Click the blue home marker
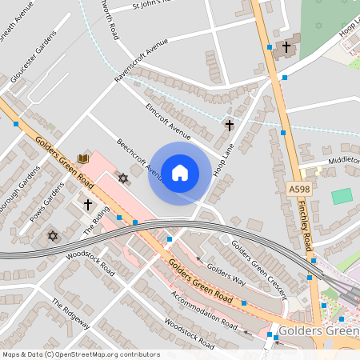179,172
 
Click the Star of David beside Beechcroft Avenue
122,178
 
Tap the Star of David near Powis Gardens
53,236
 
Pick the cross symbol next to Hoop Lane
229,125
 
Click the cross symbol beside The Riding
88,204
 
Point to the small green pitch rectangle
342,196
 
